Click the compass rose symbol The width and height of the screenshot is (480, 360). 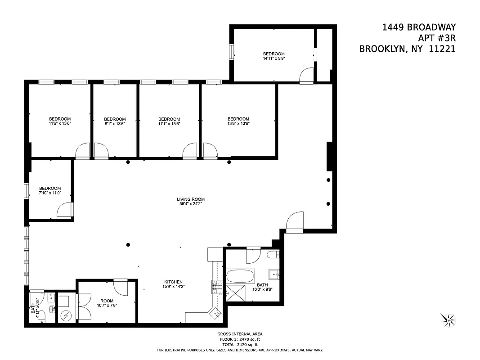coord(449,319)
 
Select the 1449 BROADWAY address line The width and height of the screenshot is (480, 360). coord(418,27)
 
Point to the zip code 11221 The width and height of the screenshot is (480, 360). coord(442,49)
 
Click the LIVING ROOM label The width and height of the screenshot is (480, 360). coord(190,199)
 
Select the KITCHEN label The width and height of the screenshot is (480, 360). coord(173,282)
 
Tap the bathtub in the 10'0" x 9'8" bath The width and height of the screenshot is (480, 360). coord(240,275)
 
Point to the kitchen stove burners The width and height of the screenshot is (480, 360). coord(217,287)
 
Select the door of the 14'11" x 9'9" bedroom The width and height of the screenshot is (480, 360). coord(307,75)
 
